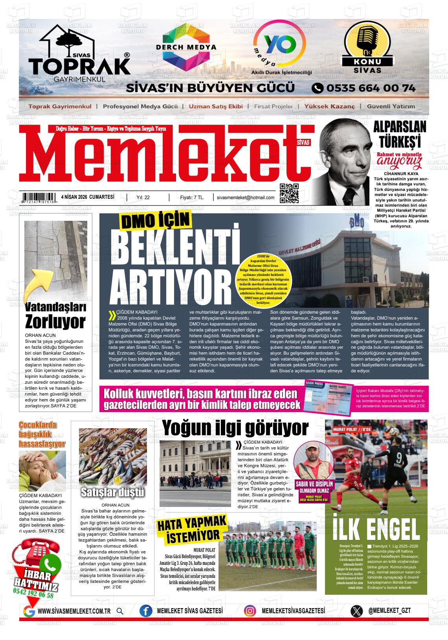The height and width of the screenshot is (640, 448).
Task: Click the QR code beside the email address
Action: tap(289, 193)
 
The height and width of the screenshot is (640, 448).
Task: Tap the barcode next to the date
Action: tap(39, 198)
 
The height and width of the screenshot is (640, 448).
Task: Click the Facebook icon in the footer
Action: tap(146, 611)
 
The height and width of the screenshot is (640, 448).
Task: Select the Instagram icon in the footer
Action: tap(250, 611)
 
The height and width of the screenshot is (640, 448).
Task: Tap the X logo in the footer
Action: tap(356, 611)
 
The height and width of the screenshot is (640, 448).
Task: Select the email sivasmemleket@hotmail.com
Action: tap(246, 198)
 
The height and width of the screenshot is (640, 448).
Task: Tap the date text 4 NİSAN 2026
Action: tap(74, 197)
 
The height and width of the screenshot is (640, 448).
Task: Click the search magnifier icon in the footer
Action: tap(120, 611)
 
